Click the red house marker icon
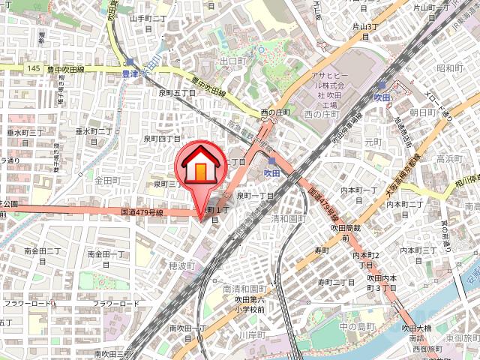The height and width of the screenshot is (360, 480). (x=200, y=166)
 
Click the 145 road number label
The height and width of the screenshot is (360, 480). (x=33, y=69)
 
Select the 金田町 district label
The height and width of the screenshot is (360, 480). (x=107, y=181)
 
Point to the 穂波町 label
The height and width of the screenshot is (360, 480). (x=181, y=266)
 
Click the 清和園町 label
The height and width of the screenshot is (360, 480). (x=289, y=219)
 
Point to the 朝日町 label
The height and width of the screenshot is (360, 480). (x=423, y=112)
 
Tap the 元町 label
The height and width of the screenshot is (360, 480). (x=373, y=141)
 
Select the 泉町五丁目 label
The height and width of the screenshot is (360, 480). (x=177, y=93)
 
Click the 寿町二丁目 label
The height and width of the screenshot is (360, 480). (x=335, y=282)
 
